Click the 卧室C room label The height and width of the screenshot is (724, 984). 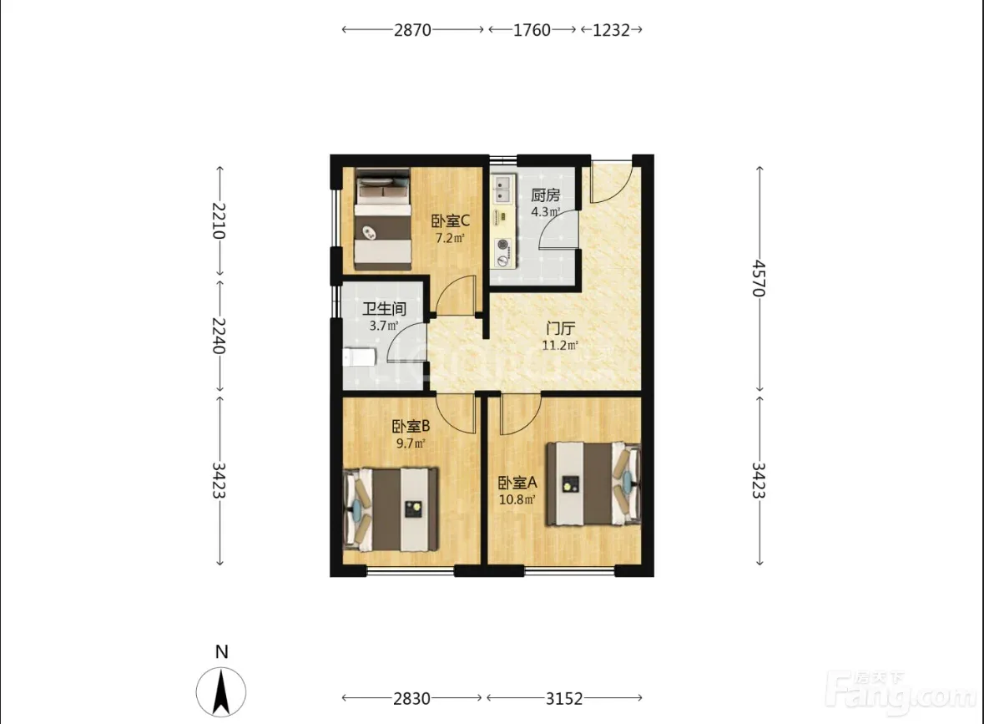point(450,221)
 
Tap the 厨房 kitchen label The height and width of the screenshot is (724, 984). point(545,195)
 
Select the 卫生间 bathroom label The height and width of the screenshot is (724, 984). point(384,309)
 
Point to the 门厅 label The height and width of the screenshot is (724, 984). point(560,328)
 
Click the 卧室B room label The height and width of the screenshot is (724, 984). point(411,427)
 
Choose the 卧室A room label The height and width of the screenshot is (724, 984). point(517,483)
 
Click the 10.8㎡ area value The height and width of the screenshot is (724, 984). point(517,500)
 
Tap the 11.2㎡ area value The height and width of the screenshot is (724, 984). point(560,346)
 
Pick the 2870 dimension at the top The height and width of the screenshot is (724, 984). point(412,30)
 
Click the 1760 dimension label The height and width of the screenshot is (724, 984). point(532,30)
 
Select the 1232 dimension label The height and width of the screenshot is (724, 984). point(611,30)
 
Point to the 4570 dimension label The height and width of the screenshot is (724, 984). point(759,278)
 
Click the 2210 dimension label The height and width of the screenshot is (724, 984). point(219,221)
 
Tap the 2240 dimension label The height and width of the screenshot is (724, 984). point(219,336)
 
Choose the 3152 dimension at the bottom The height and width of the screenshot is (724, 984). point(564,698)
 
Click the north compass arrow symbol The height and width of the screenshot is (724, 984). point(221,692)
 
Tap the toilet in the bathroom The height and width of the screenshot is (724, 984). point(360,357)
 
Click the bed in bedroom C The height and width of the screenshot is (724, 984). point(383,219)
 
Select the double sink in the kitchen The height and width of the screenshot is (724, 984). point(503,189)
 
